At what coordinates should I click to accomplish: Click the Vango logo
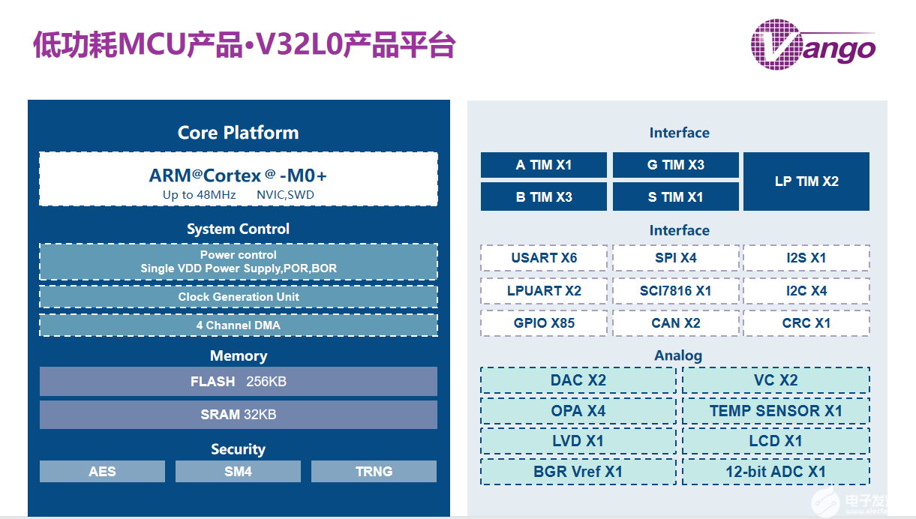pyautogui.click(x=813, y=44)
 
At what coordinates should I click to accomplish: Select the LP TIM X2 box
pyautogui.click(x=806, y=181)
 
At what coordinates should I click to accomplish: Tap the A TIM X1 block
pyautogui.click(x=543, y=165)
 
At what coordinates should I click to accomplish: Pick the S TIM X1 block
pyautogui.click(x=675, y=197)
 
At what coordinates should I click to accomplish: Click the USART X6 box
pyautogui.click(x=544, y=258)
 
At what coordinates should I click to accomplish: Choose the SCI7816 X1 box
pyautogui.click(x=675, y=290)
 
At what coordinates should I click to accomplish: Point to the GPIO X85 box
pyautogui.click(x=544, y=323)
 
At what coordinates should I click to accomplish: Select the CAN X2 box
pyautogui.click(x=675, y=323)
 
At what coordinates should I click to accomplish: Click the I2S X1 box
pyautogui.click(x=806, y=258)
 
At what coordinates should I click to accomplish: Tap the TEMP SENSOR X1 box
pyautogui.click(x=776, y=411)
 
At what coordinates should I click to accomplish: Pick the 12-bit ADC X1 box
pyautogui.click(x=776, y=472)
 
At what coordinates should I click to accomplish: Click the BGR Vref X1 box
pyautogui.click(x=578, y=472)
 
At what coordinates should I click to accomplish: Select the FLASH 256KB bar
pyautogui.click(x=239, y=381)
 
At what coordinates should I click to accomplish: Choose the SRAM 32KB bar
pyautogui.click(x=239, y=415)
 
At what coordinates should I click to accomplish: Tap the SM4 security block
pyautogui.click(x=238, y=472)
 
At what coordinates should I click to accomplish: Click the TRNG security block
pyautogui.click(x=374, y=472)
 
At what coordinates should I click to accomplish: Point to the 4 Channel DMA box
pyautogui.click(x=239, y=325)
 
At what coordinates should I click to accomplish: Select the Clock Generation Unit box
pyautogui.click(x=239, y=297)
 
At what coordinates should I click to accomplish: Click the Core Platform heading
pyautogui.click(x=238, y=133)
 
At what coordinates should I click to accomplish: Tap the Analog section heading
pyautogui.click(x=678, y=355)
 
